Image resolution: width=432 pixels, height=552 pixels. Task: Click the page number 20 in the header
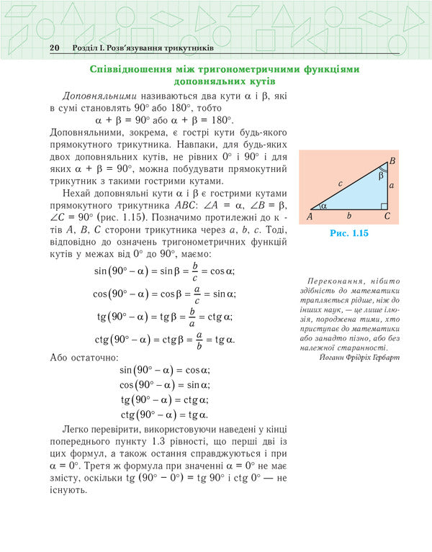[54, 47]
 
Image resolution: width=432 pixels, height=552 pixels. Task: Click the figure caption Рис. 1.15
[348, 233]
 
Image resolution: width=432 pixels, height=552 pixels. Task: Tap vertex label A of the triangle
[310, 216]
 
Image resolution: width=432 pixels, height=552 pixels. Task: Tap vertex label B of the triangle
[392, 160]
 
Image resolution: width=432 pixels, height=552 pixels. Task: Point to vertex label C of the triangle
[387, 216]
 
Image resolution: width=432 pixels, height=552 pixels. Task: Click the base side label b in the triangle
[349, 215]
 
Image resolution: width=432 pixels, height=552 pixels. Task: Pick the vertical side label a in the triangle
[392, 186]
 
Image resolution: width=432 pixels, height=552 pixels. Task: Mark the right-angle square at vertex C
[384, 206]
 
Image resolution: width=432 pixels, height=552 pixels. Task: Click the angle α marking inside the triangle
[323, 205]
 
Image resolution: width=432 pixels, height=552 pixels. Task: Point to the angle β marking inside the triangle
[382, 174]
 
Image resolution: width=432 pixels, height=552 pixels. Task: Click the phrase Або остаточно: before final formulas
[81, 357]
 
